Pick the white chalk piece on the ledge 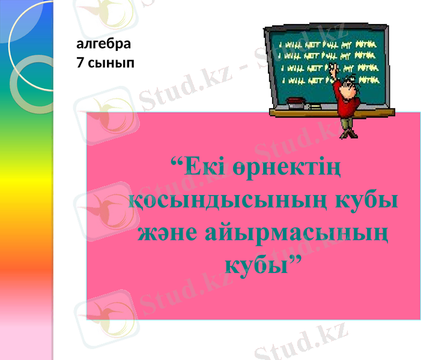coord(314,106)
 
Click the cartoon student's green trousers coord(345,122)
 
